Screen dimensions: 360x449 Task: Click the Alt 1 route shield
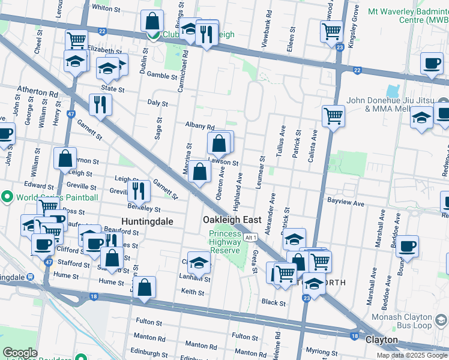252,238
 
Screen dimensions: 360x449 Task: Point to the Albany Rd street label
200,127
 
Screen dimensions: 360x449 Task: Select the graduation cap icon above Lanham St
199,261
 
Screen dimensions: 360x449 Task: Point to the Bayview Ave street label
346,203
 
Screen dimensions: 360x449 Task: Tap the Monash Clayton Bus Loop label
409,321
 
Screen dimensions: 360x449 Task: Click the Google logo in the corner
20,353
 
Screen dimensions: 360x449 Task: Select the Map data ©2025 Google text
412,355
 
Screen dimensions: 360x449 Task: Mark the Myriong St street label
322,351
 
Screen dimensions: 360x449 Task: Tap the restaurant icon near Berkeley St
139,191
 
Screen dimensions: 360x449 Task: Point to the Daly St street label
157,103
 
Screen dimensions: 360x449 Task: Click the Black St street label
274,303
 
